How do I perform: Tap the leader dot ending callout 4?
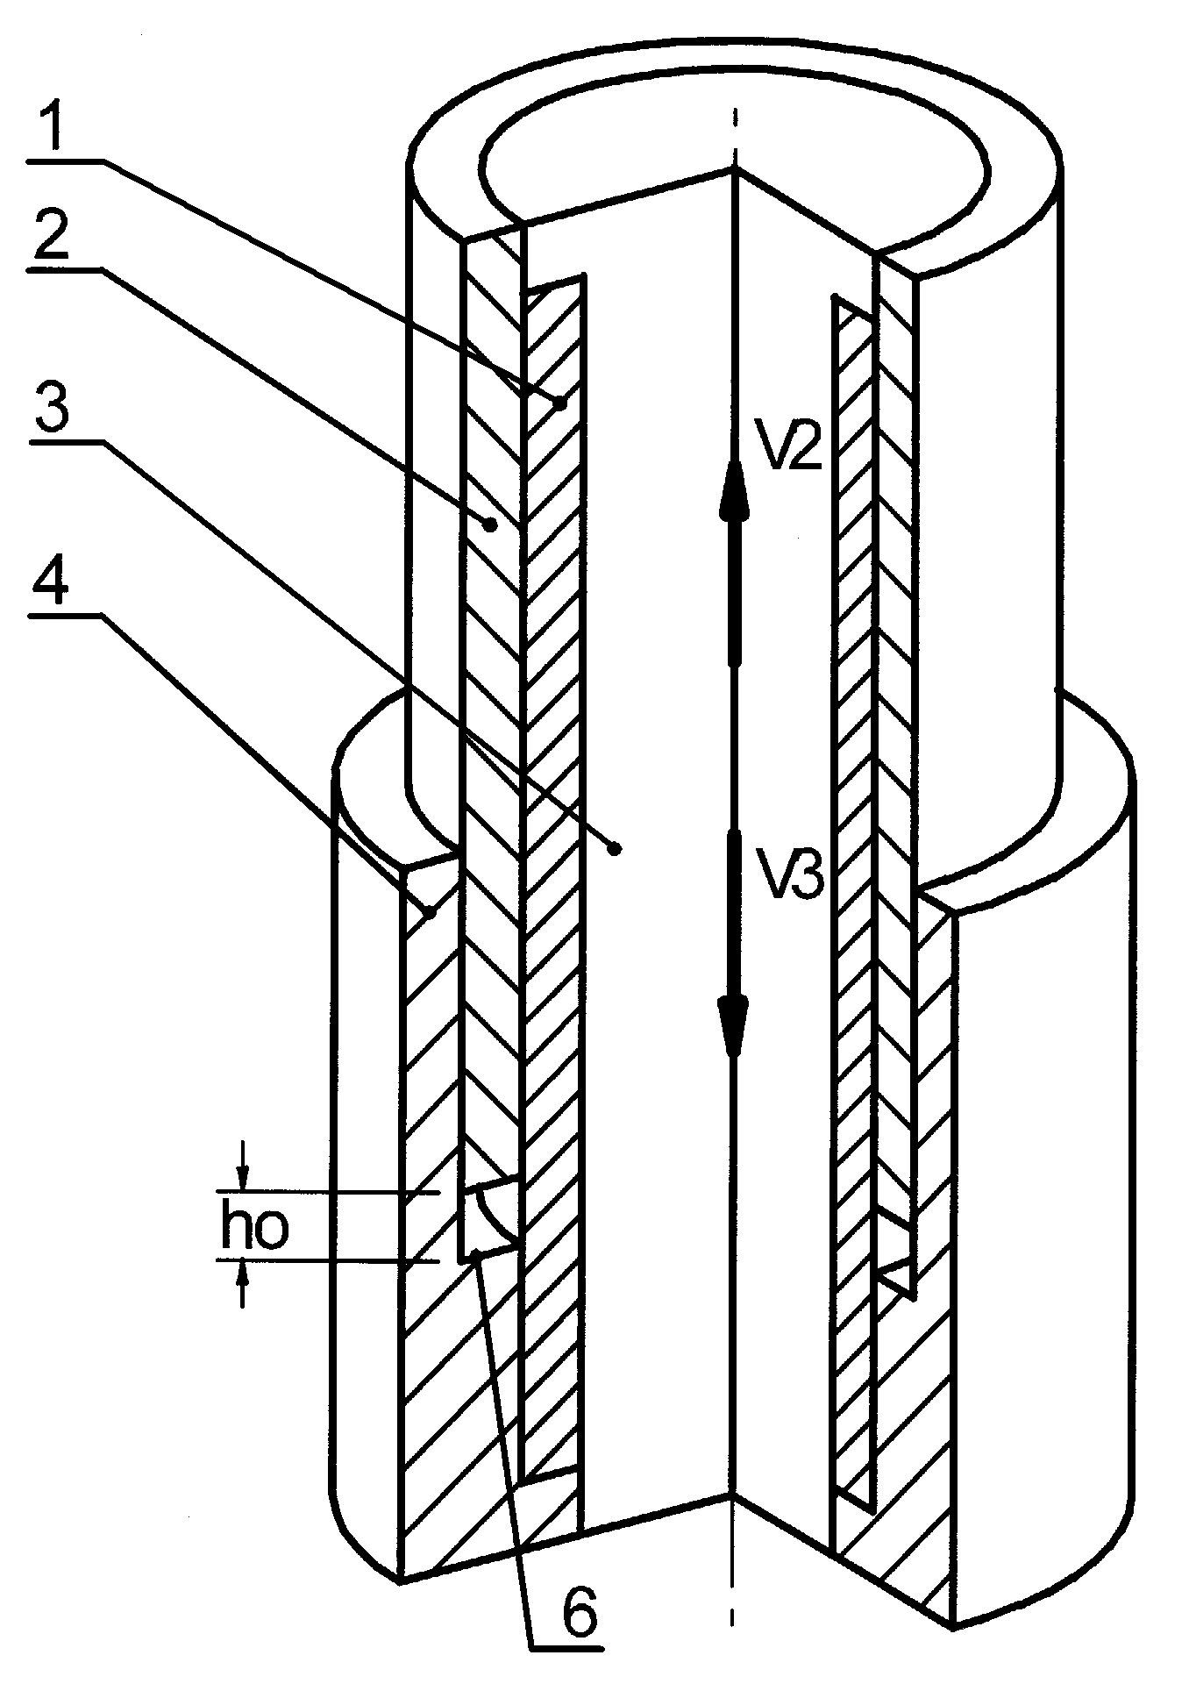(430, 914)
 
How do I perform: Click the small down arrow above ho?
(245, 1166)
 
